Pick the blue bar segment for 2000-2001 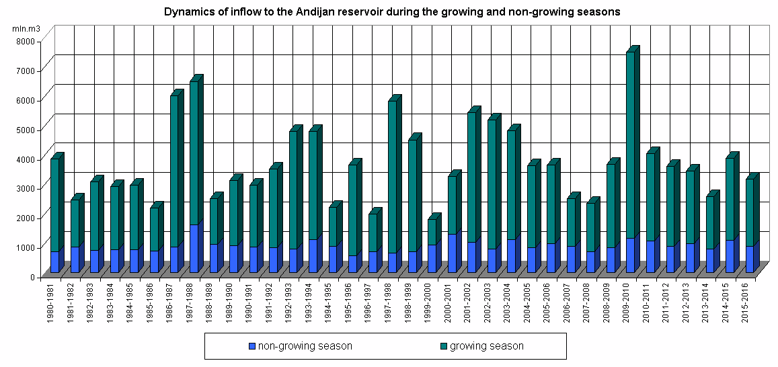[x=452, y=253]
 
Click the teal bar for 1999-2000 [x=432, y=232]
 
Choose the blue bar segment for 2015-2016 [x=750, y=259]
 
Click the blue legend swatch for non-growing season [x=252, y=346]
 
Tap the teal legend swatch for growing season [x=443, y=346]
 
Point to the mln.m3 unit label [x=26, y=29]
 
